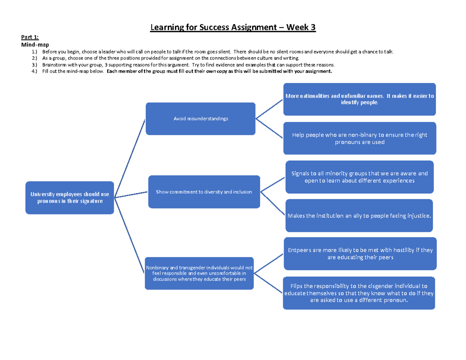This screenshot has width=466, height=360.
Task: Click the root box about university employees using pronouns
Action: tap(70, 198)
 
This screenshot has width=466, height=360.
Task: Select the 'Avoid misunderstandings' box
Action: tap(200, 119)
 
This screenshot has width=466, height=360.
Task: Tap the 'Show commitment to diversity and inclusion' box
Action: tap(204, 191)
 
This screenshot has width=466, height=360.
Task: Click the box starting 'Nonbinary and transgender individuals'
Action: tap(199, 273)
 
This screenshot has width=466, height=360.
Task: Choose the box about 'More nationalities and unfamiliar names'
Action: tap(360, 99)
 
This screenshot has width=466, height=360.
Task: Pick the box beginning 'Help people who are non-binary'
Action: tap(360, 138)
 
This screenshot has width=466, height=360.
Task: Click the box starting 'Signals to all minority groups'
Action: tap(360, 177)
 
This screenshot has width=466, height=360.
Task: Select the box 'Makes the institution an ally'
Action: tap(359, 216)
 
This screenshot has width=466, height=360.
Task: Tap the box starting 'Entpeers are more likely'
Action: tap(361, 254)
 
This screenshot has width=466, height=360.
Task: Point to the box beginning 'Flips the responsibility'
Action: tap(359, 293)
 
